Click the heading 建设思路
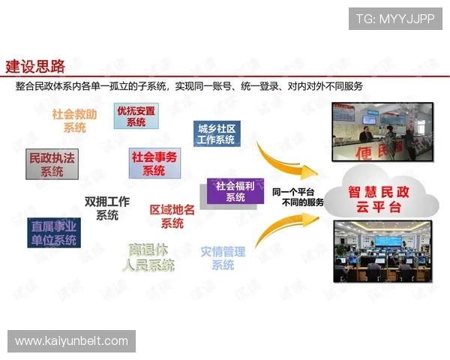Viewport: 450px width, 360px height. pyautogui.click(x=35, y=65)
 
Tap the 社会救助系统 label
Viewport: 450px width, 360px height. pyautogui.click(x=74, y=121)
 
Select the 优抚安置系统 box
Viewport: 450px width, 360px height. pyautogui.click(x=136, y=116)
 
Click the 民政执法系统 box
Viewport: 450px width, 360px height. pyautogui.click(x=52, y=164)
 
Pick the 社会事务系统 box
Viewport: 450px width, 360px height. pyautogui.click(x=154, y=163)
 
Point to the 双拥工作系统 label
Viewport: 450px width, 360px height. pyautogui.click(x=107, y=208)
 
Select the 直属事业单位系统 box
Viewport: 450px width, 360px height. pyautogui.click(x=53, y=232)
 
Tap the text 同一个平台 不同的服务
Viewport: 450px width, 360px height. pyautogui.click(x=298, y=197)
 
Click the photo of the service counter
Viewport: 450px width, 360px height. pyautogui.click(x=382, y=133)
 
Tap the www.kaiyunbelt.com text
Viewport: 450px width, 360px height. pyautogui.click(x=71, y=341)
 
